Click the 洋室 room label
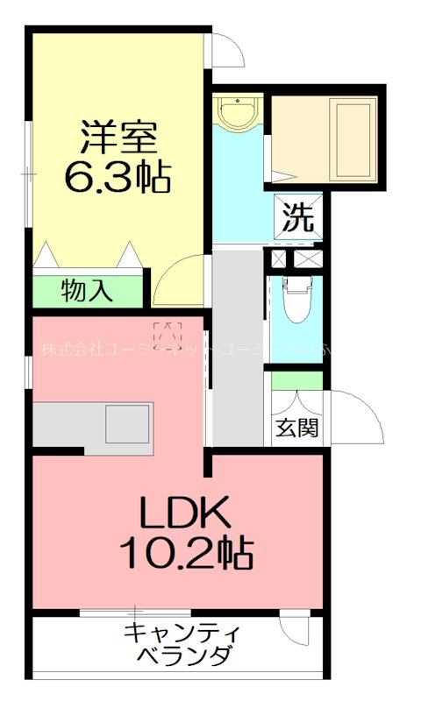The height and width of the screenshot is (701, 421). pos(118,137)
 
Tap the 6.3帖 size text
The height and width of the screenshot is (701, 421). pos(118,177)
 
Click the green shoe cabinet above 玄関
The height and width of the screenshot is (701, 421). pos(296,380)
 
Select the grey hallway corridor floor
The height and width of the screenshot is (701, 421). pos(237,350)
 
